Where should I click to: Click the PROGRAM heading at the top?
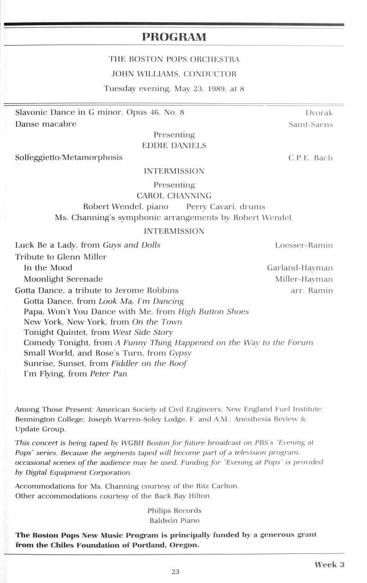pyautogui.click(x=174, y=38)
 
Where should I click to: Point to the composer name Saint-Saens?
pyautogui.click(x=311, y=124)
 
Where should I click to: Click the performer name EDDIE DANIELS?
pyautogui.click(x=174, y=146)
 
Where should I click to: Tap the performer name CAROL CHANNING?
pyautogui.click(x=174, y=196)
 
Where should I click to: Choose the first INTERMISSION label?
pyautogui.click(x=174, y=171)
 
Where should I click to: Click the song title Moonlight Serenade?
pyautogui.click(x=63, y=279)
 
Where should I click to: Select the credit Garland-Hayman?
pyautogui.click(x=300, y=268)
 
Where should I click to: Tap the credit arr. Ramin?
pyautogui.click(x=312, y=290)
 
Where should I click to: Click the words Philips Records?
pyautogui.click(x=174, y=511)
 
